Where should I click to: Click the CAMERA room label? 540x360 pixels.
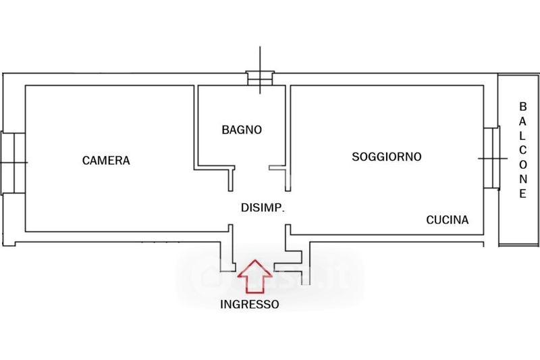[105, 161]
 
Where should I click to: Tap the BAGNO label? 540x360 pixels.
[241, 130]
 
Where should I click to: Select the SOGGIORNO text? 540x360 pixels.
[387, 157]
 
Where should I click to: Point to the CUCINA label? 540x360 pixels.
[447, 220]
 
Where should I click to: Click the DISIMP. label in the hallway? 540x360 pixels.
[263, 208]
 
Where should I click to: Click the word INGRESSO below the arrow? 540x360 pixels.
[250, 305]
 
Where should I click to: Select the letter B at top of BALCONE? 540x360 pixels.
[522, 107]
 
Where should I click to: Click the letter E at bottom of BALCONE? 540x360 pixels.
[522, 194]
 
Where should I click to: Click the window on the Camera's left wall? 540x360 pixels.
[13, 161]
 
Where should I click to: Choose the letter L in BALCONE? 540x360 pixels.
[522, 136]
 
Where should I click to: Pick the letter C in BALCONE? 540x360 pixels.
[522, 150]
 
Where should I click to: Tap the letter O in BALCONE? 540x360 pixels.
[522, 165]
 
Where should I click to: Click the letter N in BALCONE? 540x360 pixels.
[522, 180]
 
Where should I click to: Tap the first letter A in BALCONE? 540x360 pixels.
[522, 122]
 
